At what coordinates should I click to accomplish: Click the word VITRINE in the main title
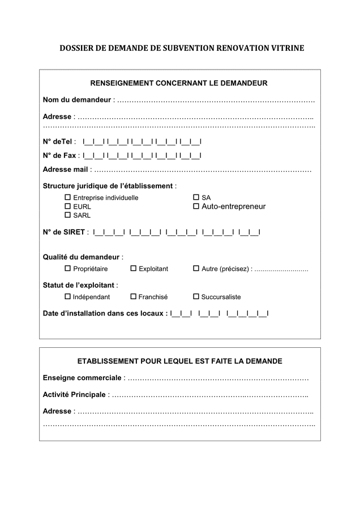[x=286, y=48]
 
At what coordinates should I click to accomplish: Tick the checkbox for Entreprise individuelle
[x=68, y=197]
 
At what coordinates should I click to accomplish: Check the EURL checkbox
[x=68, y=206]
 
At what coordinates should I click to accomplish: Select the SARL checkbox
[x=68, y=215]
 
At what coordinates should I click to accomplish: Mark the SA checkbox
[x=196, y=197]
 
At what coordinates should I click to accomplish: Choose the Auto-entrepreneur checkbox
[x=196, y=206]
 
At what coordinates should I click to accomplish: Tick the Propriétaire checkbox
[x=68, y=269]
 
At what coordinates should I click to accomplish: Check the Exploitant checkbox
[x=134, y=269]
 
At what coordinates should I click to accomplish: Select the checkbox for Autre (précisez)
[x=196, y=269]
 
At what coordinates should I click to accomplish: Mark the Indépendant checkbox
[x=68, y=296]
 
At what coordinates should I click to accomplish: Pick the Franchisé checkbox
[x=134, y=296]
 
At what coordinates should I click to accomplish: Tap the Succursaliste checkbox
[x=196, y=296]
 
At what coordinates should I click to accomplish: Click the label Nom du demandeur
[x=77, y=100]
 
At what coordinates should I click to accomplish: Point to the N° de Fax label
[x=59, y=156]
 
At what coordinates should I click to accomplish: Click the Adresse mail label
[x=65, y=170]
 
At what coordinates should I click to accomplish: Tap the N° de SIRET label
[x=63, y=232]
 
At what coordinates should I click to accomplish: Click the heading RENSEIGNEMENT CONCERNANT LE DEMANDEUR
[x=179, y=83]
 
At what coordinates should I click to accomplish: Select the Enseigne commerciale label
[x=82, y=377]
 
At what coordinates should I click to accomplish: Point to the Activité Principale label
[x=74, y=394]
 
